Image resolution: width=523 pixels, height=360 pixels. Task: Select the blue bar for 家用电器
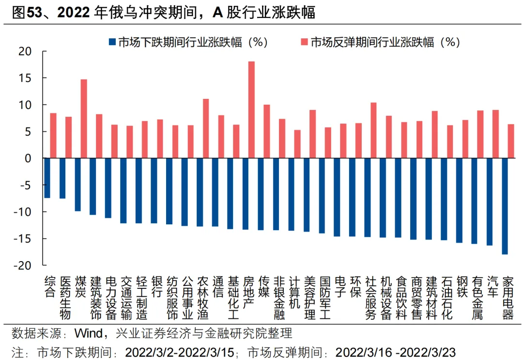tap(505, 206)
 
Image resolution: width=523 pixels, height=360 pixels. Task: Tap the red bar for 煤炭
tap(83, 119)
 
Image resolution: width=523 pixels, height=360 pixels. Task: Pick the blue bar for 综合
tap(47, 178)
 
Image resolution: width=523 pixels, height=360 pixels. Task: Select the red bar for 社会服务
tap(373, 130)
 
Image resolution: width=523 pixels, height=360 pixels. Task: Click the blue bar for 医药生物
tap(62, 178)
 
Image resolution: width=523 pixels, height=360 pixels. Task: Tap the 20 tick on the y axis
tap(25, 51)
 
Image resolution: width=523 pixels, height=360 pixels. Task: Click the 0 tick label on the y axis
tap(28, 158)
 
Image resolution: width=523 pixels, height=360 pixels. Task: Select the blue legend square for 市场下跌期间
tap(112, 42)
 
